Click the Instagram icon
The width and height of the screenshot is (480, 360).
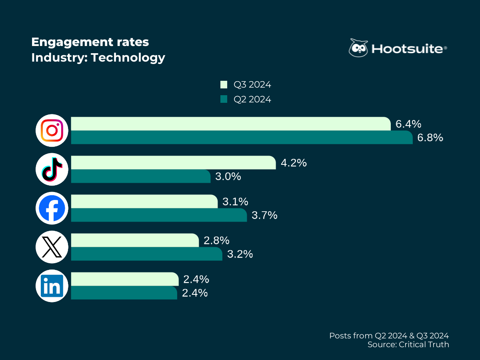52,130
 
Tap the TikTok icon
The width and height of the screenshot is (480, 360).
52,169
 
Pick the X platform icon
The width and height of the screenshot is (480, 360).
52,247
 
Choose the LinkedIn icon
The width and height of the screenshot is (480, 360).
52,286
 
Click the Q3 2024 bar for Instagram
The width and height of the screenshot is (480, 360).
230,124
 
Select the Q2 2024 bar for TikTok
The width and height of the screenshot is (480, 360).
140,176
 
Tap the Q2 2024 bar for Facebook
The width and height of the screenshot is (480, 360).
159,215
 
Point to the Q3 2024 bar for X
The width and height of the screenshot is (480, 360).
135,240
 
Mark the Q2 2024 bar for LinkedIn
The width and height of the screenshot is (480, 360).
124,292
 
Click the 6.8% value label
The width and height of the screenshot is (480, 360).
430,138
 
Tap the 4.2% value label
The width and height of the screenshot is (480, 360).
294,163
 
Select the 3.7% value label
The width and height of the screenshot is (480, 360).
264,215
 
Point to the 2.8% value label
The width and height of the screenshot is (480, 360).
216,240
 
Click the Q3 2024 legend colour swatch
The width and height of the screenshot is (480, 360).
224,85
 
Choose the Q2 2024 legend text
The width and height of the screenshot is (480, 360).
252,99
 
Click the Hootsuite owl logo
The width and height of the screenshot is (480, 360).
358,48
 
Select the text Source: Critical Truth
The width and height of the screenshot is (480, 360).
408,344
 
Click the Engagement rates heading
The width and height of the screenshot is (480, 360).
90,42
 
